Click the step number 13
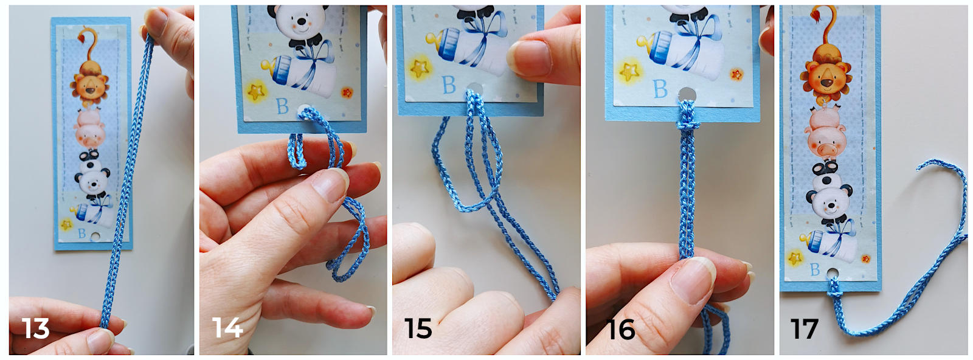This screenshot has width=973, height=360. click(36, 328)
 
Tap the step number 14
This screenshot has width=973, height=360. click(227, 328)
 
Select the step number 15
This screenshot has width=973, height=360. click(418, 328)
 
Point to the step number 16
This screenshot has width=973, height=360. click(621, 330)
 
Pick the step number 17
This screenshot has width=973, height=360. click(805, 329)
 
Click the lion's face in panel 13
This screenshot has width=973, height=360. click(90, 85)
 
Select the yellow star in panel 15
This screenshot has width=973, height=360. click(420, 68)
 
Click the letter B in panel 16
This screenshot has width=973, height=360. click(660, 88)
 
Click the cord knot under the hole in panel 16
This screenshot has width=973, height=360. click(688, 126)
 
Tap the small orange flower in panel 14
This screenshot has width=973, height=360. click(347, 92)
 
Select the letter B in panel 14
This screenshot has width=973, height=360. click(283, 106)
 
